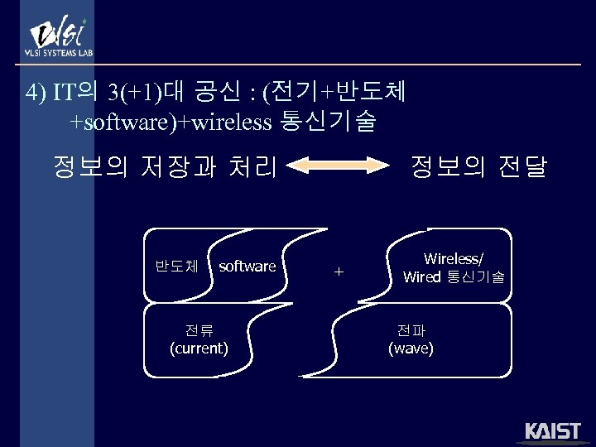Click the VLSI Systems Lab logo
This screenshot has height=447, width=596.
[60, 37]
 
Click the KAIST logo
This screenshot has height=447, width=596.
[552, 431]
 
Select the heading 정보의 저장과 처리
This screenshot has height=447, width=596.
[164, 168]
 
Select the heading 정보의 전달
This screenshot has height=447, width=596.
[479, 168]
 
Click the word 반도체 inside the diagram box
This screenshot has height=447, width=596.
[176, 266]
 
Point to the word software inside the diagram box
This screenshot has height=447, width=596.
[247, 266]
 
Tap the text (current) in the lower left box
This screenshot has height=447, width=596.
[199, 348]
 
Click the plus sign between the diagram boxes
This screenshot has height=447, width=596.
[338, 271]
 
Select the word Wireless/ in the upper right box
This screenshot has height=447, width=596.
[453, 260]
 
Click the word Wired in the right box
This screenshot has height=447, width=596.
[421, 277]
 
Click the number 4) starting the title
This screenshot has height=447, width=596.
[36, 92]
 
